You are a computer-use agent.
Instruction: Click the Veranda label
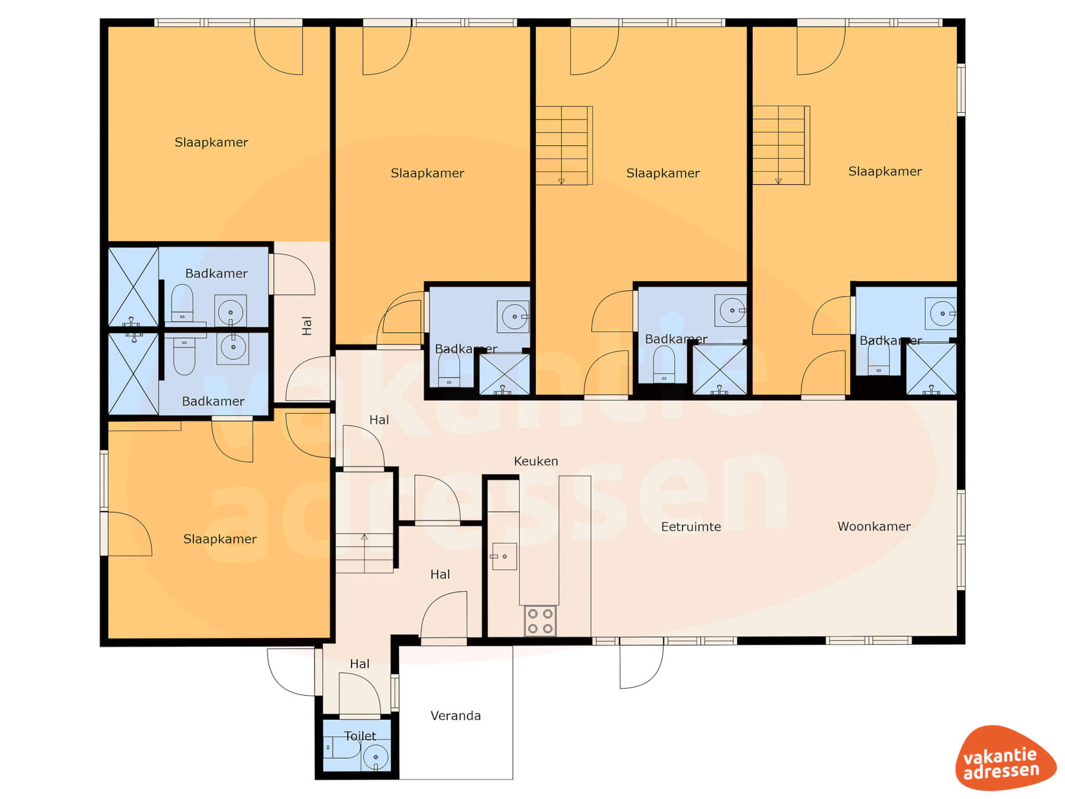(455, 716)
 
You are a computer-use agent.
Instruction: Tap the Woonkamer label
(874, 527)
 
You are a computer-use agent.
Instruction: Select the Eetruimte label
(691, 527)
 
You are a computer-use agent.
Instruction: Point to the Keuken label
(536, 461)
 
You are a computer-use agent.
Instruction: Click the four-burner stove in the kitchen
(540, 621)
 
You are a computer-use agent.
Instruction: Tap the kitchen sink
(504, 557)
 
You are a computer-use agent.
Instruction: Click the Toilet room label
(360, 736)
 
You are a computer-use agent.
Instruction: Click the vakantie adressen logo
(1005, 758)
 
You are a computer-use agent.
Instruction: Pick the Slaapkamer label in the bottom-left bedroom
(220, 539)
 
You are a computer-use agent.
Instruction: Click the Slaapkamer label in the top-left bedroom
(211, 143)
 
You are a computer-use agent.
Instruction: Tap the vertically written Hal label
(307, 326)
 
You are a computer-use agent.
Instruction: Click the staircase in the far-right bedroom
(781, 145)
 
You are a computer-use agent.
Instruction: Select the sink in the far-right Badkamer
(941, 313)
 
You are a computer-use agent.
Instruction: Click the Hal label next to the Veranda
(359, 664)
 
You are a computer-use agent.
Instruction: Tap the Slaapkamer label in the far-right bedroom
(885, 171)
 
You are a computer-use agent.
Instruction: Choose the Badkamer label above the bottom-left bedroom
(213, 401)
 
